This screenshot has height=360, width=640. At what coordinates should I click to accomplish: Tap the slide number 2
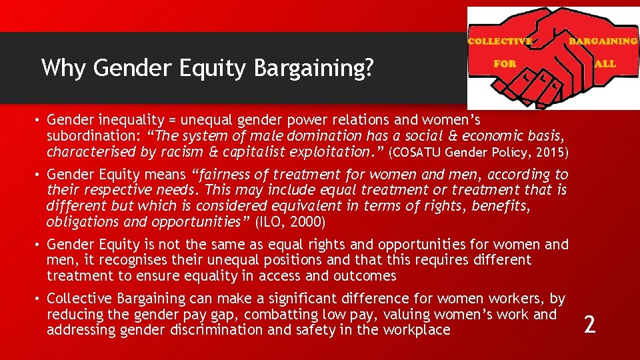[589, 325]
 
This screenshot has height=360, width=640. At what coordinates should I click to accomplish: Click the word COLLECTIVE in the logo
[499, 41]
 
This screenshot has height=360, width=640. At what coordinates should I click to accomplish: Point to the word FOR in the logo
[505, 65]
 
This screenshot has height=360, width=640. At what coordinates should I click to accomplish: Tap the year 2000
[307, 222]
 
